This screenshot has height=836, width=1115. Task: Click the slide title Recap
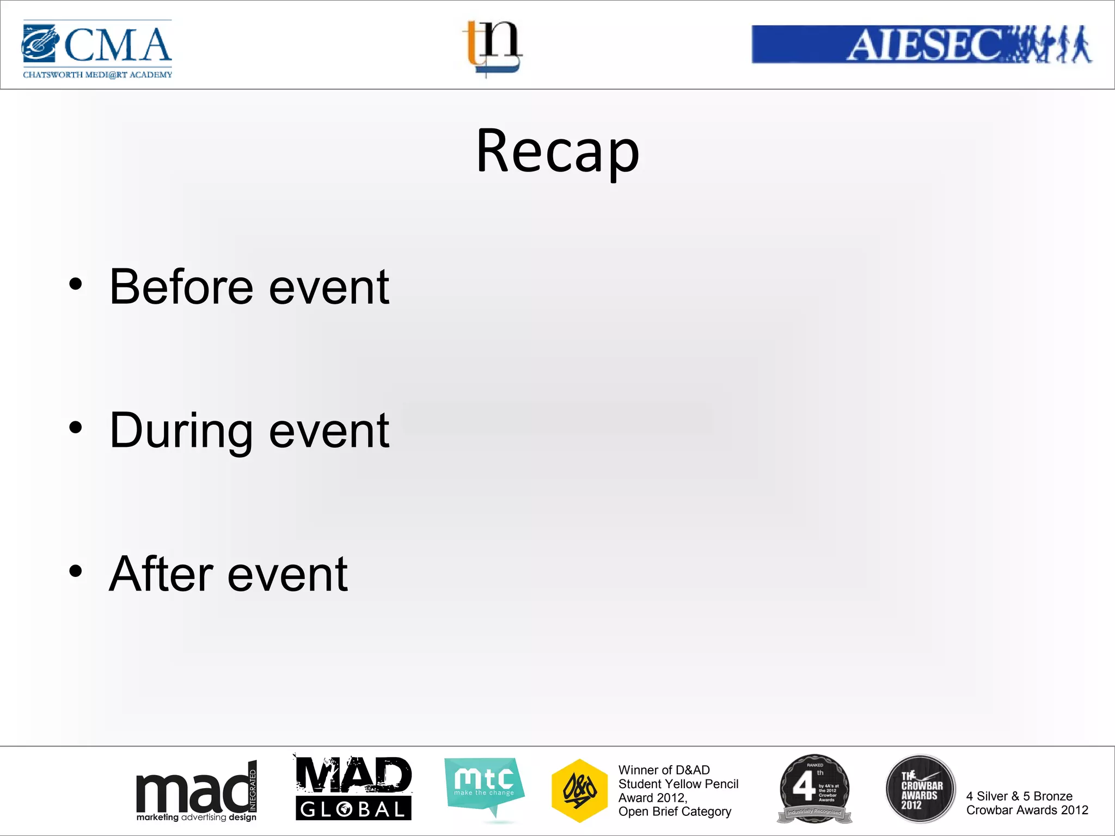(557, 151)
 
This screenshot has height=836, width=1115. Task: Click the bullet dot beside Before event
(76, 284)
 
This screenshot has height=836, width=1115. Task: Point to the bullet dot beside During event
(76, 428)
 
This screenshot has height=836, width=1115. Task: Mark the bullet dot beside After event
(76, 571)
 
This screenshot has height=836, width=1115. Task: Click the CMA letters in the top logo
(118, 45)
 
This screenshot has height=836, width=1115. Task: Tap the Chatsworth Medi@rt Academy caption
(97, 75)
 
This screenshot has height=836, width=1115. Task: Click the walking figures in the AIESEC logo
(1048, 44)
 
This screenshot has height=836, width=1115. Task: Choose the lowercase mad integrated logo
(196, 792)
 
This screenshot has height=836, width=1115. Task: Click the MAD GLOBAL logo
(353, 788)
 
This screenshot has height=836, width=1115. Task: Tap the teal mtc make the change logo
(484, 785)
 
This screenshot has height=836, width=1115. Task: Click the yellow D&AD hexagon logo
(579, 790)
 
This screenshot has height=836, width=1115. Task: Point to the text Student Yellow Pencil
(678, 784)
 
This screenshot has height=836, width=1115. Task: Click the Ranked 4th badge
(814, 789)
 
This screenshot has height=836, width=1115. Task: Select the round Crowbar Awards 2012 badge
(920, 789)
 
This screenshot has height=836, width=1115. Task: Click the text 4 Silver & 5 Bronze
(1019, 796)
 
